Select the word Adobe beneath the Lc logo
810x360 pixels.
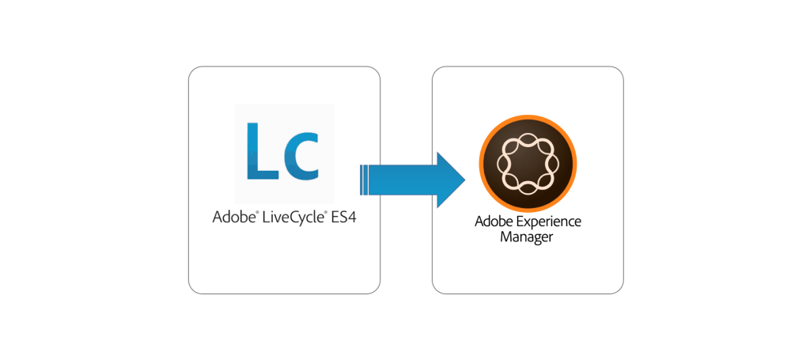(232, 216)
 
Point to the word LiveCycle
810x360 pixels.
(290, 216)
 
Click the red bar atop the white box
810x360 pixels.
(283, 76)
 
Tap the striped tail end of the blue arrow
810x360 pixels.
(365, 179)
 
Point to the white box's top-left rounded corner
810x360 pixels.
(193, 72)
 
